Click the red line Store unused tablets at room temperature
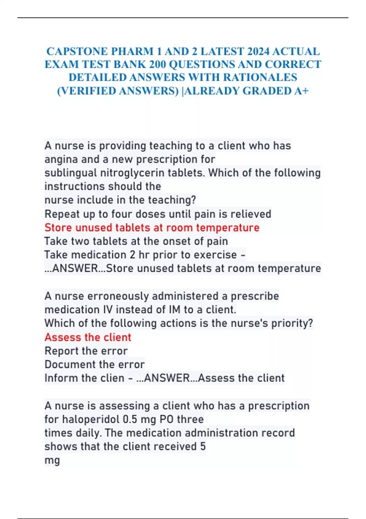click(152, 227)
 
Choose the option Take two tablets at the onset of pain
click(136, 241)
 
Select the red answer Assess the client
click(88, 337)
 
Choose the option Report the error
click(86, 351)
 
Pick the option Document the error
click(95, 364)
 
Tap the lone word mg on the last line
click(52, 460)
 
